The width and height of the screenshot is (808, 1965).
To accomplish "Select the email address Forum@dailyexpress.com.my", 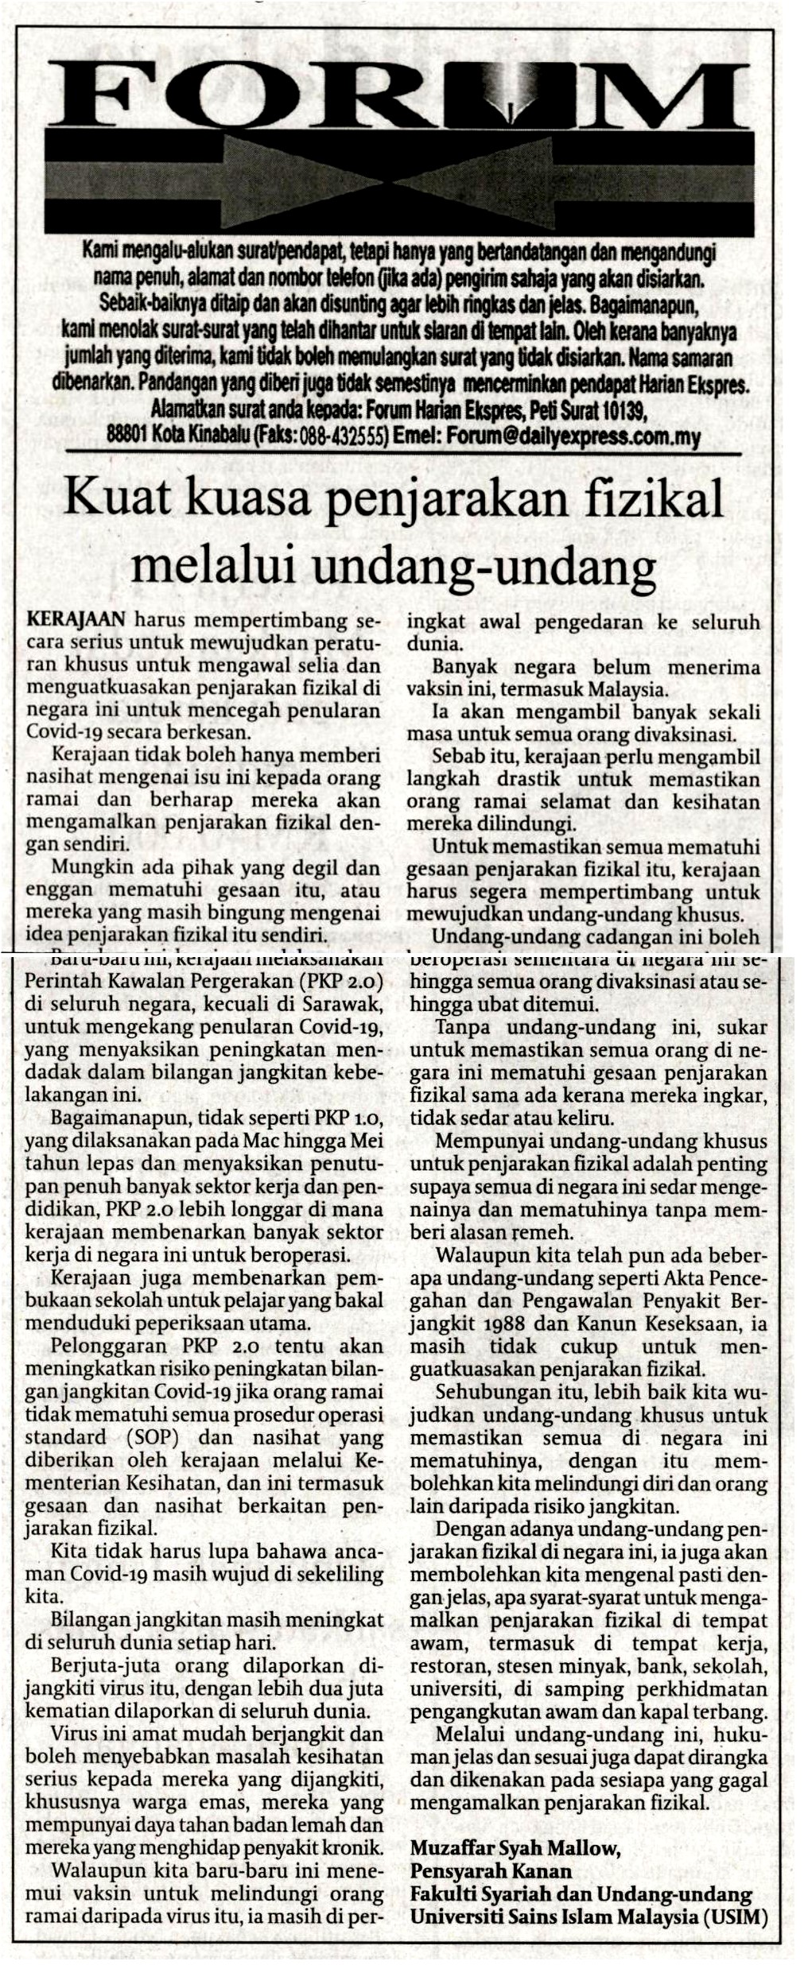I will pyautogui.click(x=573, y=436).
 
